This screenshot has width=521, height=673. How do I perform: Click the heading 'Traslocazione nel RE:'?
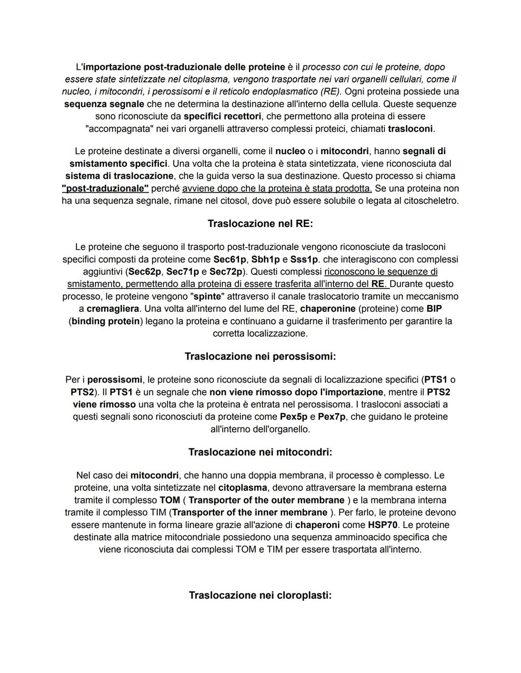point(260,224)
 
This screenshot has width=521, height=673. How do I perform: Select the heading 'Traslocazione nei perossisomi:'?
point(260,356)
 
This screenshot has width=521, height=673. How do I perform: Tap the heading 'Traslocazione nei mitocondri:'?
point(260,452)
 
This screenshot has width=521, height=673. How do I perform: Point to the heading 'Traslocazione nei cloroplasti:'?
point(260,595)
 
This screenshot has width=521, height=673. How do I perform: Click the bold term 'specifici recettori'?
point(222,116)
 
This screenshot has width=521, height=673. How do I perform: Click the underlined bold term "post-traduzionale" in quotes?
point(105,188)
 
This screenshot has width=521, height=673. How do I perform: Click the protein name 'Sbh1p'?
point(265,259)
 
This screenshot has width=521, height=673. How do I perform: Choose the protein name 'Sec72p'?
point(226,272)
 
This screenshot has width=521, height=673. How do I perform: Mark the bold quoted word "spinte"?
point(206,296)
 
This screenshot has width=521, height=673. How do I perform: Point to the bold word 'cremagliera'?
point(113,308)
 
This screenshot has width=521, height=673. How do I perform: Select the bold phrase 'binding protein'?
point(106,321)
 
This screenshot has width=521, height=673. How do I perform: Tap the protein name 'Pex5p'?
point(293,416)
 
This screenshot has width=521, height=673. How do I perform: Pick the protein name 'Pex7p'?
point(332,416)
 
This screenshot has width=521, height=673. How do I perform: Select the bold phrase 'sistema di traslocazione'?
point(119,176)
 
